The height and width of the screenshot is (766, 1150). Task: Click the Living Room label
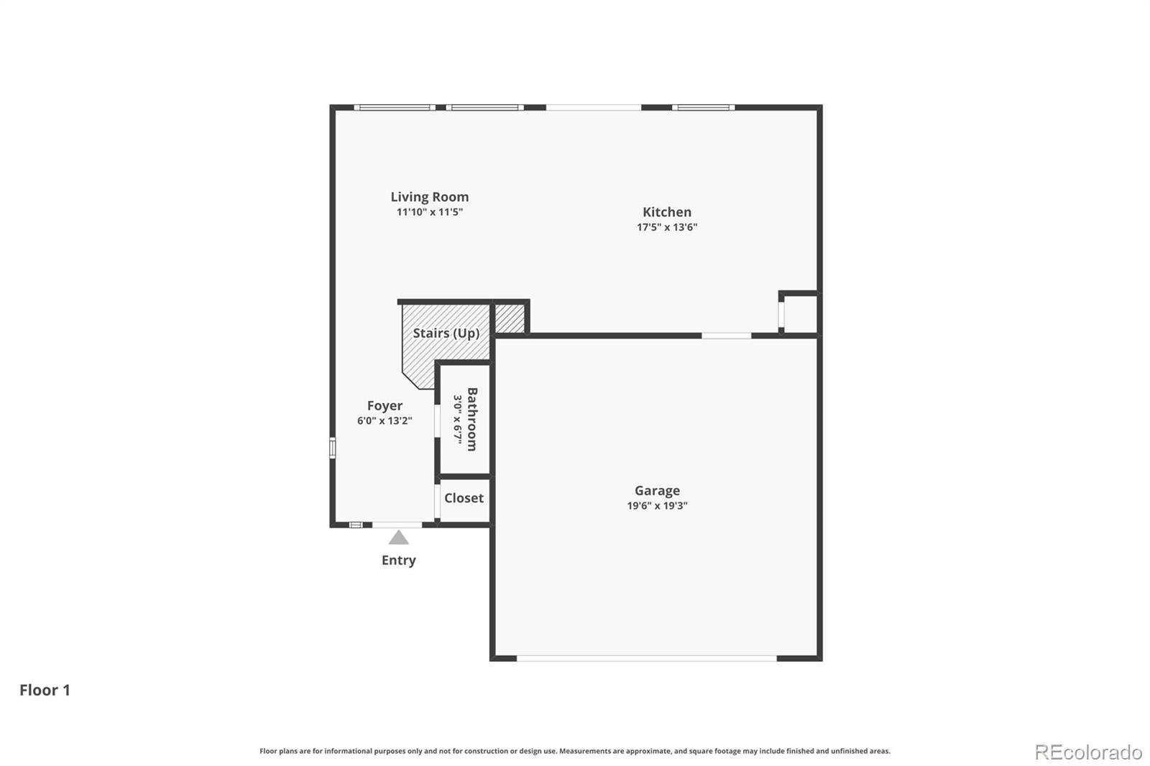[429, 197]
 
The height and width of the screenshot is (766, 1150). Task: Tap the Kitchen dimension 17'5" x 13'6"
[666, 227]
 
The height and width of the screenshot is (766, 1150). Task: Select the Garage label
[656, 491]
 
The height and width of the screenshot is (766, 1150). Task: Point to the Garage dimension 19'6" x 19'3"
[656, 506]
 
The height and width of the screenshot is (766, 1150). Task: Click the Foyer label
[385, 406]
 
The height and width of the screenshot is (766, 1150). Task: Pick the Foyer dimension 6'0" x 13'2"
[385, 421]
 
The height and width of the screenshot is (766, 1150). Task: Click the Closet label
[464, 498]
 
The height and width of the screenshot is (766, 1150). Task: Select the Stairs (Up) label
[446, 333]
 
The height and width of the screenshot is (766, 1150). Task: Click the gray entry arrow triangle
[398, 538]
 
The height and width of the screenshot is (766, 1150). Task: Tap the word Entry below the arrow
[398, 560]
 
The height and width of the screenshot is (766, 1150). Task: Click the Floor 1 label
[45, 691]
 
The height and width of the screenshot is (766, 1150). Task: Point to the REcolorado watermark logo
[1087, 752]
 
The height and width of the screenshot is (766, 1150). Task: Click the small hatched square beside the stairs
[510, 318]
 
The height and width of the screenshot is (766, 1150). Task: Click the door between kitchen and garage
[726, 336]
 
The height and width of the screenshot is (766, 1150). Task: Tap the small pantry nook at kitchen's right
[799, 314]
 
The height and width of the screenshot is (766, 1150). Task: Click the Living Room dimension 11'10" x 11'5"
[429, 212]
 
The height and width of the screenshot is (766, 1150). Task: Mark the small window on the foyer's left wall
[333, 448]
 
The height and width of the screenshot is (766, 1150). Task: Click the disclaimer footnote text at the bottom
[574, 751]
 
